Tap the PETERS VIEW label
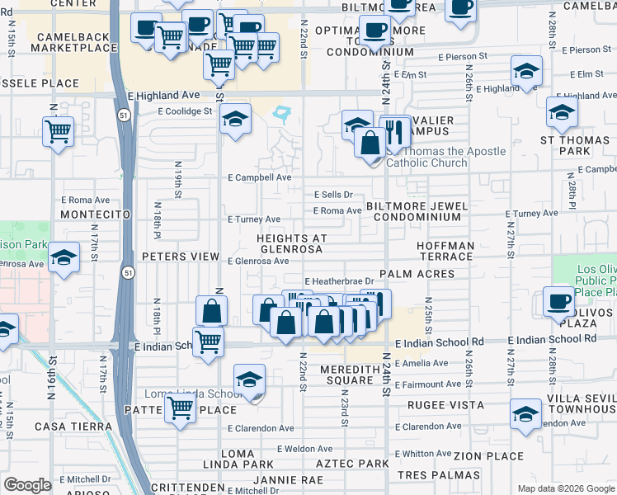(x=180, y=257)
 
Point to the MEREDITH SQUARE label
(x=350, y=375)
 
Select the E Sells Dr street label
(x=334, y=195)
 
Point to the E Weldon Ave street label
(x=304, y=449)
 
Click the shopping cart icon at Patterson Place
(x=180, y=406)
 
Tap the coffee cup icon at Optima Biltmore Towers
(x=375, y=31)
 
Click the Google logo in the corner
(x=27, y=485)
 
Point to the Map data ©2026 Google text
(x=565, y=488)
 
